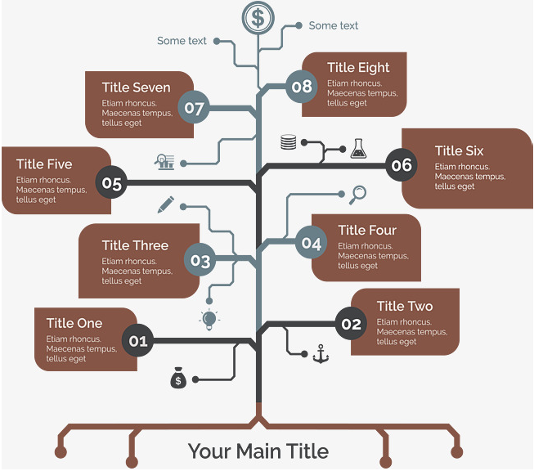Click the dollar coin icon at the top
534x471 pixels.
258,18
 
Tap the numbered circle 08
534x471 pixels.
302,87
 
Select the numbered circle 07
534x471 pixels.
194,108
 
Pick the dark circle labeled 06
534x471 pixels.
402,165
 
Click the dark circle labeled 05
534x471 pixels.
111,182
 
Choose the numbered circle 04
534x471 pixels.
311,242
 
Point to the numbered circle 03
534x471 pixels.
200,260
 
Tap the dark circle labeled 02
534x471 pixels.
351,324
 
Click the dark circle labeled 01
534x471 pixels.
138,340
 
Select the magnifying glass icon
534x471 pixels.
357,195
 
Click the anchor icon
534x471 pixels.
321,354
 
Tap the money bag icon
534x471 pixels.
178,378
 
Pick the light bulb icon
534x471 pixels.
209,320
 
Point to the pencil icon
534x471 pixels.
166,204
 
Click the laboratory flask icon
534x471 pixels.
359,149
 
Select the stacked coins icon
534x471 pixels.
289,142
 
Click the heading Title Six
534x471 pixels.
459,151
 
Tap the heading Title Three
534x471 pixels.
135,245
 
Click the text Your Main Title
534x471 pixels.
258,451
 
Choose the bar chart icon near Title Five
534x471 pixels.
165,162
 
